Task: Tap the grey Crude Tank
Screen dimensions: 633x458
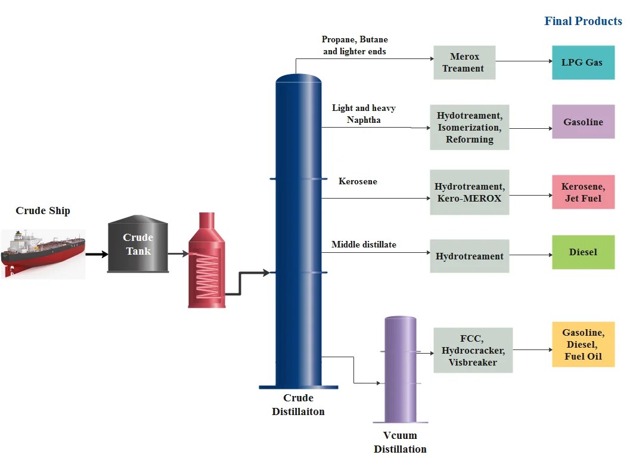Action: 137,245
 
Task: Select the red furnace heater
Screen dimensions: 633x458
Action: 207,262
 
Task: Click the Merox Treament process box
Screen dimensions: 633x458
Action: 464,63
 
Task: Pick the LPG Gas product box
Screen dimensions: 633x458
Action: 582,63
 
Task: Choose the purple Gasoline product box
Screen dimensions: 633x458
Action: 583,122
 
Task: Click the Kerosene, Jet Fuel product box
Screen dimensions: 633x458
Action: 583,192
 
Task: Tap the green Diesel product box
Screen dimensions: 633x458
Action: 583,252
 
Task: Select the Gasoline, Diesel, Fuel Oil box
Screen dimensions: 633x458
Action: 583,345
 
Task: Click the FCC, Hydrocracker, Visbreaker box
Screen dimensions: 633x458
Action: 473,350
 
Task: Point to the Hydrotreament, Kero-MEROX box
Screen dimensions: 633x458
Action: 470,192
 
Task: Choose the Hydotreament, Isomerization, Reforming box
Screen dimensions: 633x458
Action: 470,127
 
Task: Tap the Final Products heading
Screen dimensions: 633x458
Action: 583,21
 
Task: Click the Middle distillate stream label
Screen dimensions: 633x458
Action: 364,245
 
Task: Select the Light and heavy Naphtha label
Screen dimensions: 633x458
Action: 364,114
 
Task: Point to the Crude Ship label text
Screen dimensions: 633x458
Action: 43,211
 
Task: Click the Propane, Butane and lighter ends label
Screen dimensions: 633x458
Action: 355,45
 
